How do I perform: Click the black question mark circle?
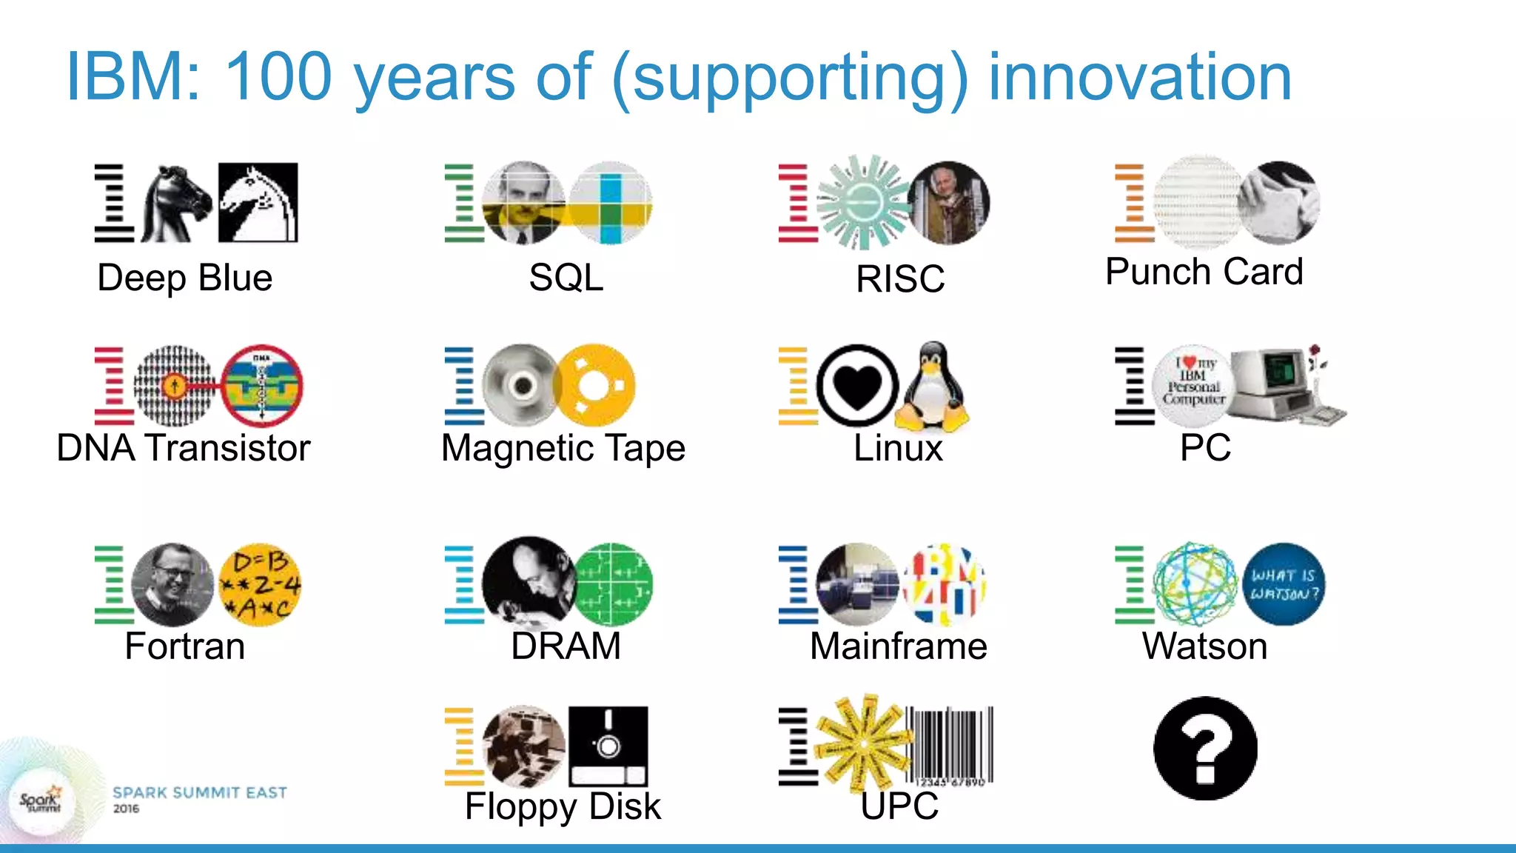(x=1205, y=748)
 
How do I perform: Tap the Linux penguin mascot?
(x=932, y=388)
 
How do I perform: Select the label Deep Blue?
(x=185, y=278)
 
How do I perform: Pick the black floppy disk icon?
(x=608, y=746)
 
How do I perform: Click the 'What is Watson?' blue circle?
(x=1284, y=584)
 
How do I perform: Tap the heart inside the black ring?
(x=857, y=385)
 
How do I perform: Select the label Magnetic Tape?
(x=563, y=448)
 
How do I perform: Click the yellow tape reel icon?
(x=594, y=385)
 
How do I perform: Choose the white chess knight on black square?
(x=258, y=202)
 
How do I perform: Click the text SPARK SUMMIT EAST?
(x=199, y=793)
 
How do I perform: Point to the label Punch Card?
(x=1204, y=272)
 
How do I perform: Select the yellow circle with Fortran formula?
(x=260, y=585)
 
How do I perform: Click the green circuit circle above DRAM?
(x=613, y=585)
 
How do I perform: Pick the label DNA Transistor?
(x=184, y=448)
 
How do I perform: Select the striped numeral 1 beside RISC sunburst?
(x=796, y=204)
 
